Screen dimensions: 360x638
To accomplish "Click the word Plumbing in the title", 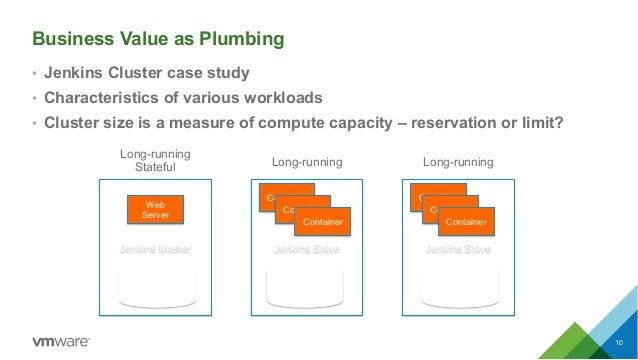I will pos(241,39).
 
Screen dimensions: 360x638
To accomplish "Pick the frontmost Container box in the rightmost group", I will pos(465,221).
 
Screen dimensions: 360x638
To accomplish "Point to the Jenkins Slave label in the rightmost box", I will pos(458,249).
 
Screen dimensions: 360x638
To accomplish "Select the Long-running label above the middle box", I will pos(307,161).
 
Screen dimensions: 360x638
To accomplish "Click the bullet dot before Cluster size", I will pos(34,124).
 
